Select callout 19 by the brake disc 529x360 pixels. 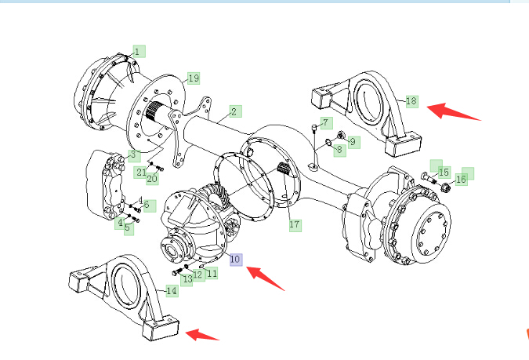pyautogui.click(x=194, y=78)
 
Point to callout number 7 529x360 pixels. pyautogui.click(x=326, y=123)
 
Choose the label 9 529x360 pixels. pyautogui.click(x=353, y=142)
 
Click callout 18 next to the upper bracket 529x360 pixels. pyautogui.click(x=412, y=101)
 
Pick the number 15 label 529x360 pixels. pyautogui.click(x=444, y=173)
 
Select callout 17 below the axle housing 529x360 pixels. pyautogui.click(x=295, y=225)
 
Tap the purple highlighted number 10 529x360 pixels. pyautogui.click(x=236, y=260)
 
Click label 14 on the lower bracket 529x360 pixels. pyautogui.click(x=172, y=291)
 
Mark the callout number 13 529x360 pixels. pyautogui.click(x=187, y=279)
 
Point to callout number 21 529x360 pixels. pyautogui.click(x=141, y=173)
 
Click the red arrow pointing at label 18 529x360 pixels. pyautogui.click(x=454, y=112)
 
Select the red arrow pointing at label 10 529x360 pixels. pyautogui.click(x=266, y=278)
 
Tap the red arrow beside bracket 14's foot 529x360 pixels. pyautogui.click(x=202, y=335)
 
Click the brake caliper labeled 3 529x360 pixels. pyautogui.click(x=104, y=184)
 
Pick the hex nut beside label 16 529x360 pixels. pyautogui.click(x=445, y=187)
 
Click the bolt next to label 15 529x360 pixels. pyautogui.click(x=429, y=177)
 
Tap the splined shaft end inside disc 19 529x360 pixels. pyautogui.click(x=154, y=111)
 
